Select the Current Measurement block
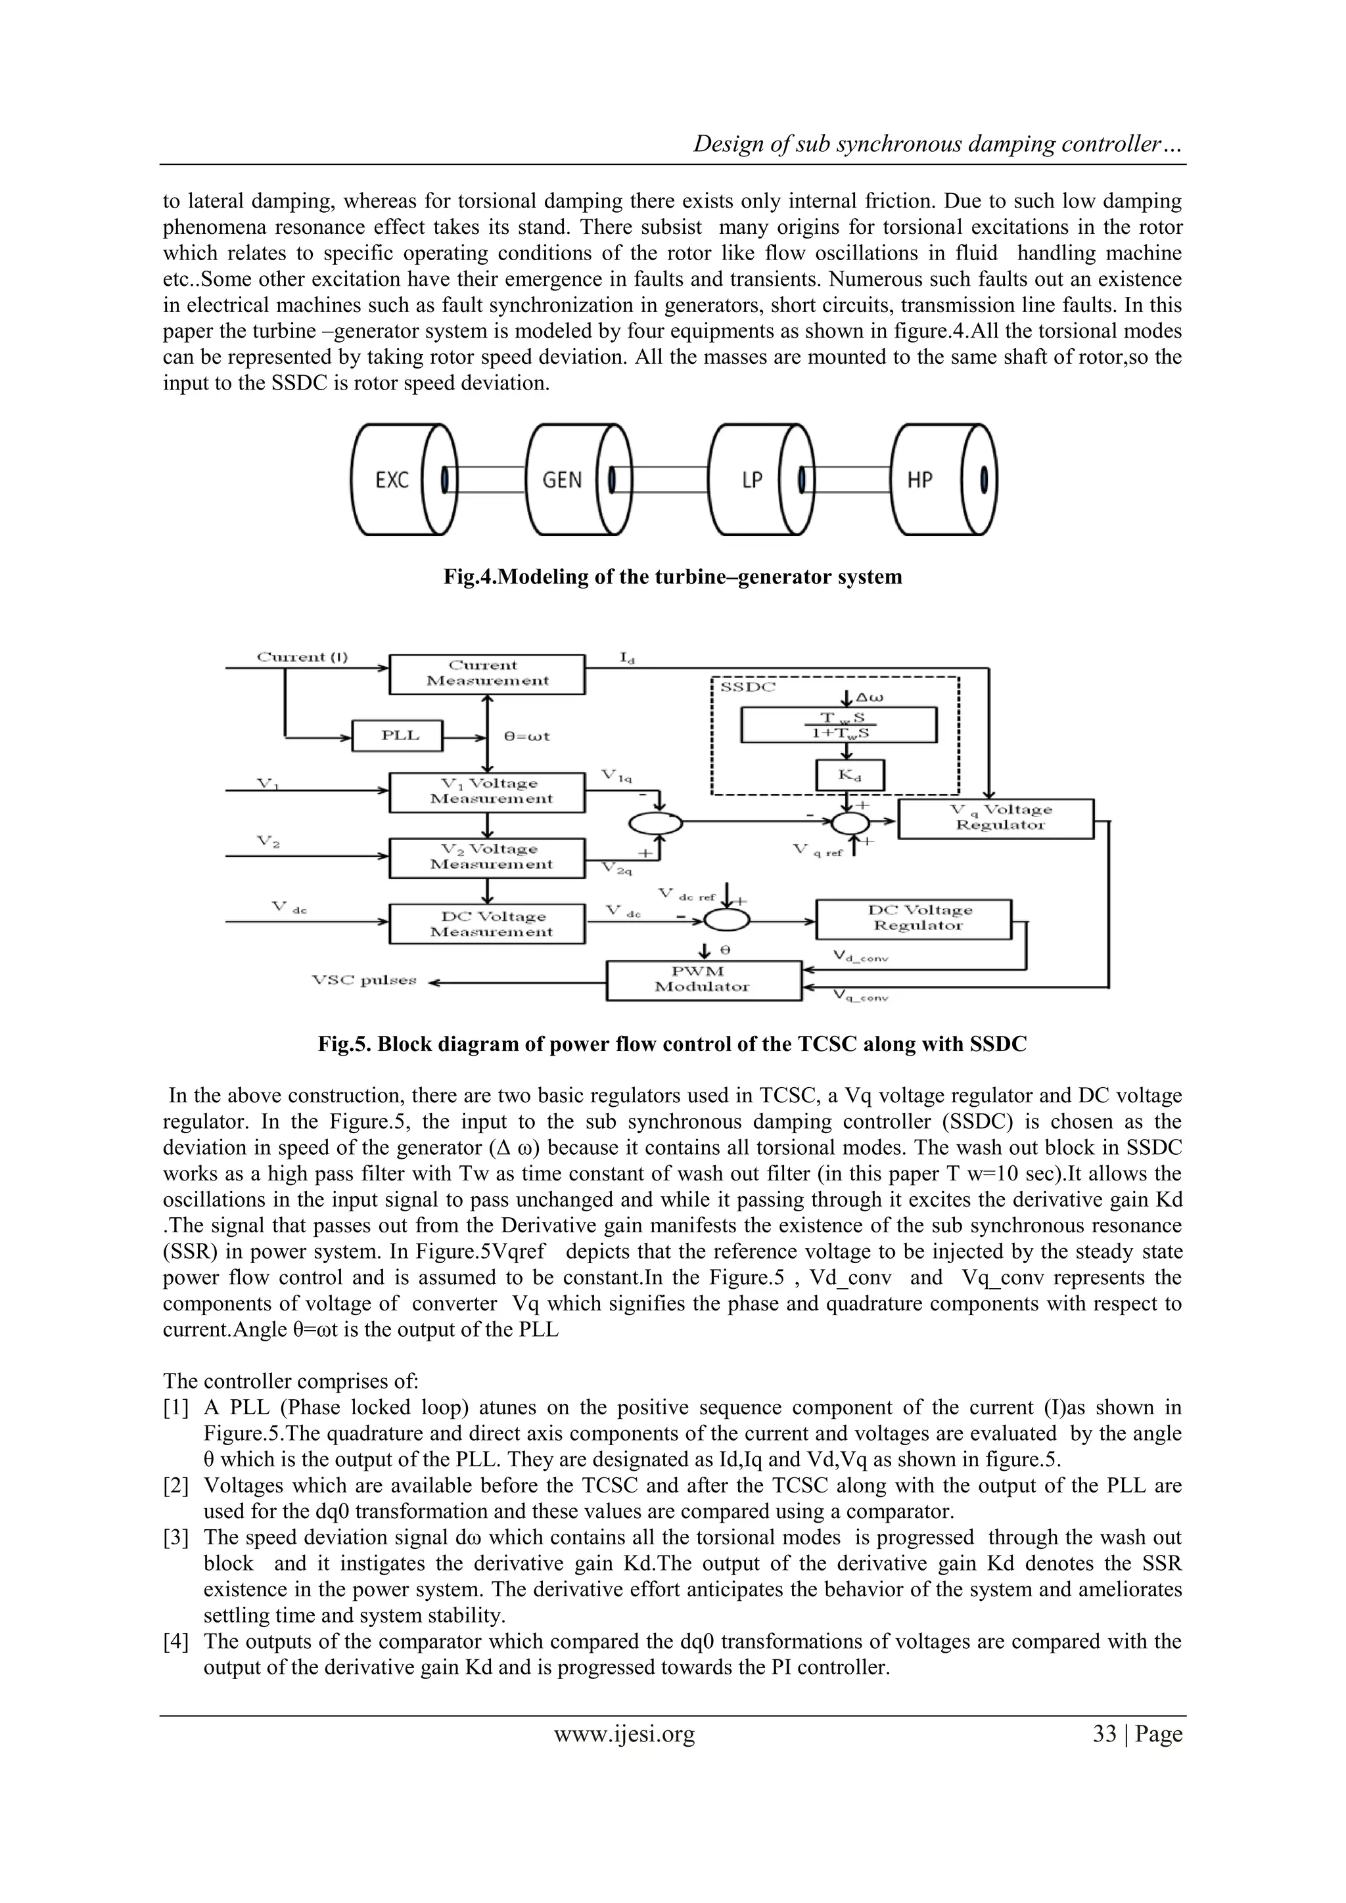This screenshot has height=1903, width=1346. [x=487, y=673]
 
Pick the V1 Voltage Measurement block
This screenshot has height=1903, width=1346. [x=487, y=792]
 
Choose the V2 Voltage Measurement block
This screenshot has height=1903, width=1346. [x=487, y=857]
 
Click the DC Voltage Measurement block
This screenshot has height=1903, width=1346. [x=487, y=924]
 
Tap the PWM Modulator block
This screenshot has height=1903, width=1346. [x=703, y=979]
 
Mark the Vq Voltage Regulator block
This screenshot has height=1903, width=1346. [x=995, y=818]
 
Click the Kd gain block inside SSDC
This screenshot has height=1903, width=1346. [x=849, y=776]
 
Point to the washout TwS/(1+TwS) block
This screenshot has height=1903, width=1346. [x=839, y=725]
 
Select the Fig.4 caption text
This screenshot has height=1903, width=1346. [x=672, y=577]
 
